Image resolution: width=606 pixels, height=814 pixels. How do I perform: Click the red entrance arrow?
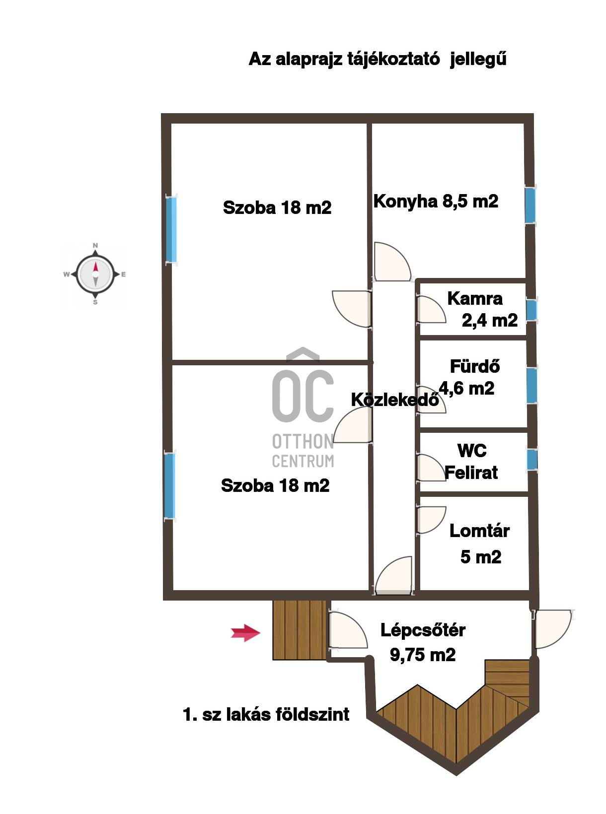[245, 633]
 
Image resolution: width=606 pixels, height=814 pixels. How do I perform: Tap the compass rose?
[95, 274]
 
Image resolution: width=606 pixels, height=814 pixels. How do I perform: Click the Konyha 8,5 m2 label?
[436, 202]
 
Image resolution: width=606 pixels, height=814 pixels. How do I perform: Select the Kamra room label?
[482, 309]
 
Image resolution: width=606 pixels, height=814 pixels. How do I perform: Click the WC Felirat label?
[471, 462]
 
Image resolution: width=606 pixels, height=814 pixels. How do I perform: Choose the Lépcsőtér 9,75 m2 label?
[423, 642]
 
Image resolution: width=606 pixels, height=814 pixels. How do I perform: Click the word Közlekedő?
[395, 399]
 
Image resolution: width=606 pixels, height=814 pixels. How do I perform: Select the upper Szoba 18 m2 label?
[277, 207]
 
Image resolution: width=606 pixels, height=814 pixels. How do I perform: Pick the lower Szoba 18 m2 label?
[275, 485]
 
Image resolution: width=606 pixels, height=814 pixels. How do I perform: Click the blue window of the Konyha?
[530, 205]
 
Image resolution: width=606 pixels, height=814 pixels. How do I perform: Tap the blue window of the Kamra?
[531, 310]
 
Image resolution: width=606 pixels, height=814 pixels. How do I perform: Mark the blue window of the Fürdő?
[532, 385]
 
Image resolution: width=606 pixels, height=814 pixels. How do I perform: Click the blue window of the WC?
[532, 459]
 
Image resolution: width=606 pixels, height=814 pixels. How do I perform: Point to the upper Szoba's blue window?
[171, 229]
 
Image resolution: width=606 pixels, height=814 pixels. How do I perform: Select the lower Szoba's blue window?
[170, 485]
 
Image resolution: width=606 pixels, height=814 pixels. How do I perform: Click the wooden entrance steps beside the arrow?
[300, 630]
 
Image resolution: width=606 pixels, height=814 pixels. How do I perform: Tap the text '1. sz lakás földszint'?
[266, 714]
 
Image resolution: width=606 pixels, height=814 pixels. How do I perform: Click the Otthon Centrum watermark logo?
[303, 407]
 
